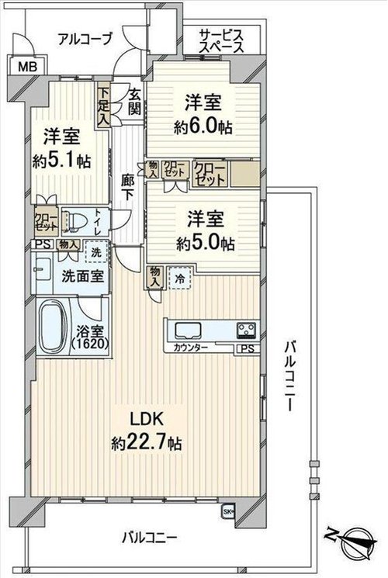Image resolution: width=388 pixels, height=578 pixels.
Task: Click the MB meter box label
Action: (x=28, y=67)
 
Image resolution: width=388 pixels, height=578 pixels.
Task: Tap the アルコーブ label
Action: (x=85, y=40)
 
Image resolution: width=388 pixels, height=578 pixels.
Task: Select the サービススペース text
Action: (x=221, y=42)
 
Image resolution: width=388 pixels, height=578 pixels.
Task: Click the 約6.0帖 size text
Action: (x=203, y=127)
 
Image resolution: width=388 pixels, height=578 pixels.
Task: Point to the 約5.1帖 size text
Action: (x=61, y=161)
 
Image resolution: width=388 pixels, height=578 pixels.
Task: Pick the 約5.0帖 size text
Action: (x=205, y=244)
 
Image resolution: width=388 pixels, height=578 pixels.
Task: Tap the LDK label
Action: (x=146, y=419)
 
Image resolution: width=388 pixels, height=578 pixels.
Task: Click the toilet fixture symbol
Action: (x=74, y=221)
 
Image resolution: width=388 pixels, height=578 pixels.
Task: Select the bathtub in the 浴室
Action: (x=52, y=326)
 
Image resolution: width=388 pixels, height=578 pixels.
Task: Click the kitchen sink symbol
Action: (x=188, y=331)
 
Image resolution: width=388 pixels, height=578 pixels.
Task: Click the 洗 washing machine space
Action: (x=96, y=252)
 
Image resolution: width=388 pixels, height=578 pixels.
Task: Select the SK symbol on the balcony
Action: (x=228, y=511)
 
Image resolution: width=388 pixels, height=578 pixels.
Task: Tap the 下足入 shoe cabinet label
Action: (x=104, y=106)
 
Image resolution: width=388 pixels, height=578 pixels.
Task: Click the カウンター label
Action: (x=190, y=348)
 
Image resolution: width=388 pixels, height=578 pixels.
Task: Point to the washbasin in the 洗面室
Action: (x=43, y=268)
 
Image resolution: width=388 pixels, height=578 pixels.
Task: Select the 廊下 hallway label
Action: (x=127, y=187)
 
